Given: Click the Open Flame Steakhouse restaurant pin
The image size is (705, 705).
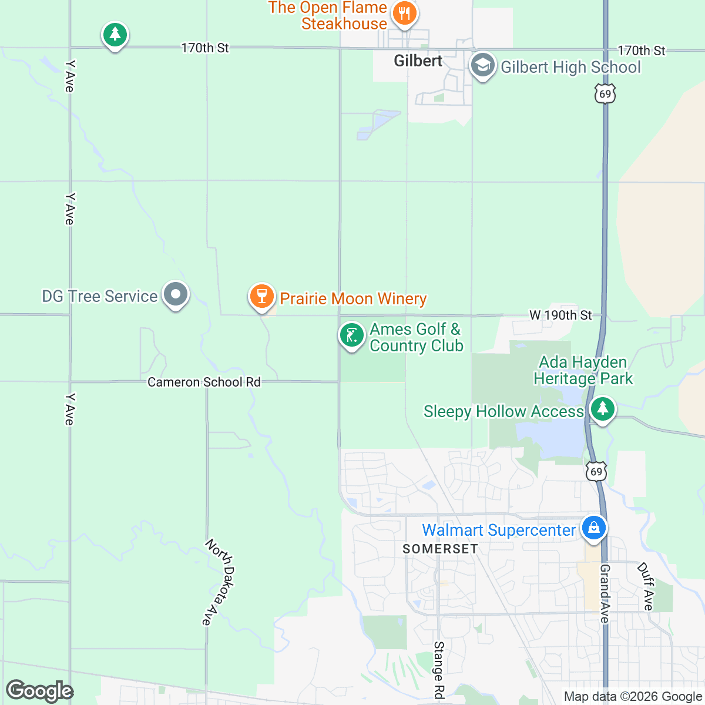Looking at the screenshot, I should tap(404, 13).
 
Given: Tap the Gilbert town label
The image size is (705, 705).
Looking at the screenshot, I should tap(418, 61).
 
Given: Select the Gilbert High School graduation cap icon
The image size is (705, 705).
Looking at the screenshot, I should tap(482, 66).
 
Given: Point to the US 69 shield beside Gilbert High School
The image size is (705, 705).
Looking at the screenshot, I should tap(605, 94).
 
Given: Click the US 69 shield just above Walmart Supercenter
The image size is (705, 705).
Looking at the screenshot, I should tap(596, 471).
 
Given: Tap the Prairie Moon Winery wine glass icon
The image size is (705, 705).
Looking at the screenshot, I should tap(262, 296).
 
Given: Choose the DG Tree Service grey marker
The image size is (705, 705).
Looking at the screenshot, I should tap(175, 294).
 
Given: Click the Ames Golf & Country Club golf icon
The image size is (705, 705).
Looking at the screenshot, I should tap(351, 335).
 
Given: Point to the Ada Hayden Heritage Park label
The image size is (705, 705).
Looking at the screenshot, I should tap(583, 370).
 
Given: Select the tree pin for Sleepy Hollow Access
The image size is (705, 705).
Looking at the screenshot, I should tap(602, 409).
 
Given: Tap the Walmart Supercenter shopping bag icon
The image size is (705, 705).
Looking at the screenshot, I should tap(593, 527).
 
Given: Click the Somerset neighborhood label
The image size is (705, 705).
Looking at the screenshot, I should tap(440, 549).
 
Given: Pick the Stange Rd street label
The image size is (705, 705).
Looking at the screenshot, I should tap(439, 670).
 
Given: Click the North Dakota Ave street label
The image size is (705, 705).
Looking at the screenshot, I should tap(219, 582).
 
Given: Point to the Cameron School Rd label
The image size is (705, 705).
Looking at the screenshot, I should tap(204, 382).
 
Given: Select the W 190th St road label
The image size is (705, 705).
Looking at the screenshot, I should tap(560, 315).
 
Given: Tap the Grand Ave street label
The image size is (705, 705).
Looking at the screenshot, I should tap(605, 593).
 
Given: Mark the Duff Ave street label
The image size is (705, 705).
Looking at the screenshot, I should tap(646, 586).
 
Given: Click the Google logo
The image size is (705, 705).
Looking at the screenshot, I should tap(39, 691).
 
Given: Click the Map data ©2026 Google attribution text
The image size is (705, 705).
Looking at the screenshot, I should tap(633, 697).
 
